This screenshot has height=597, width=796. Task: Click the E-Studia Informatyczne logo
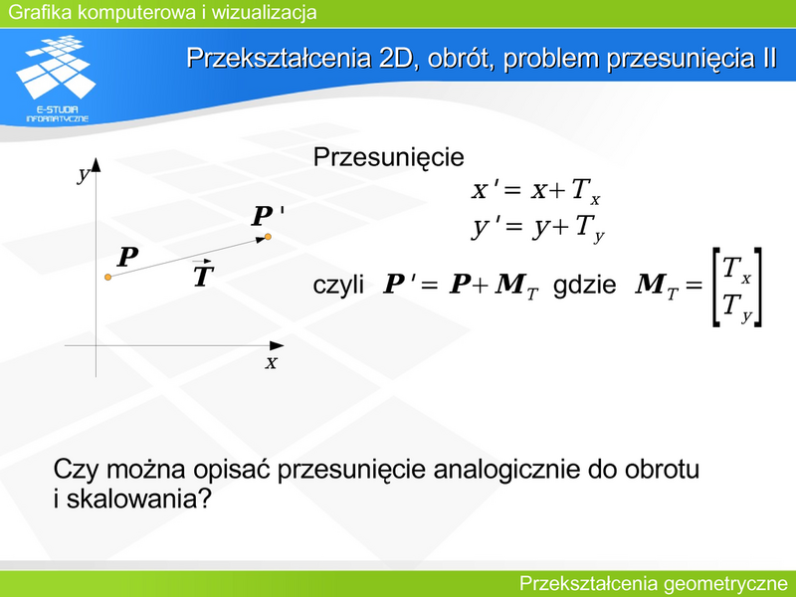[56, 79]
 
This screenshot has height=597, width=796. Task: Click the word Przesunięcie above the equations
[388, 158]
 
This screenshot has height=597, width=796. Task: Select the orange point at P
[107, 277]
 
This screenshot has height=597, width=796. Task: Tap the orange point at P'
[268, 237]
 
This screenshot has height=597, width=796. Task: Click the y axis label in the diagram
[84, 175]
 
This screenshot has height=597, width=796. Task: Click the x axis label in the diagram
[271, 362]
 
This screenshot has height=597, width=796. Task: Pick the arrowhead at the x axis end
[277, 345]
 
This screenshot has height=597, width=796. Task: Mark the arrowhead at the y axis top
[96, 165]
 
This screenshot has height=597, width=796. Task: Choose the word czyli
[338, 286]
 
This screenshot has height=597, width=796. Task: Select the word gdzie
[584, 285]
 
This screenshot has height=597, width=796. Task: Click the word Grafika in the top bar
[40, 12]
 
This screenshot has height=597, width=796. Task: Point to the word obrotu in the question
[662, 469]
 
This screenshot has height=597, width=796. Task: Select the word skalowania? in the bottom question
[138, 499]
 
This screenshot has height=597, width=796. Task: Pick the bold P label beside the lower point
[127, 257]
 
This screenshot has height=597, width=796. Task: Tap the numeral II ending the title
[769, 58]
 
